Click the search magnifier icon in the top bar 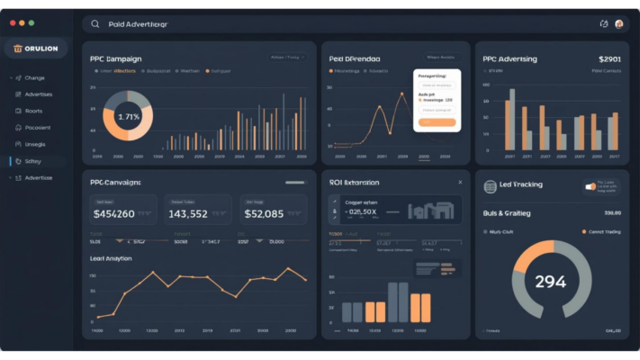click(x=95, y=24)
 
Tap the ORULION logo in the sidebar click(x=36, y=49)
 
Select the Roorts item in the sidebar click(x=33, y=111)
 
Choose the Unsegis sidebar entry click(x=34, y=144)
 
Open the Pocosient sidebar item click(x=37, y=128)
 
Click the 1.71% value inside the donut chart click(x=129, y=117)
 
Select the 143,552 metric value click(x=188, y=214)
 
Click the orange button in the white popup click(x=437, y=121)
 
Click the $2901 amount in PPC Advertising click(x=608, y=58)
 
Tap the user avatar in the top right click(x=619, y=24)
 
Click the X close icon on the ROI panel click(x=460, y=182)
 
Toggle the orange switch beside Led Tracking click(x=590, y=186)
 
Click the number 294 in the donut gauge click(x=550, y=282)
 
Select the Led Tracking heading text click(x=520, y=184)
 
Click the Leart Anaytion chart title click(x=111, y=258)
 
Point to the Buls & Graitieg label click(x=507, y=213)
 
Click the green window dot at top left click(x=32, y=22)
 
